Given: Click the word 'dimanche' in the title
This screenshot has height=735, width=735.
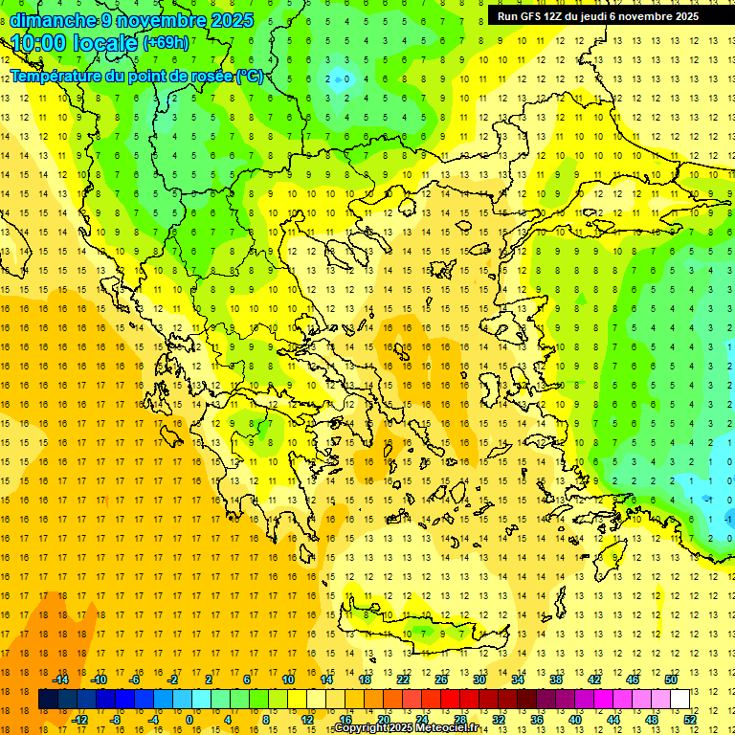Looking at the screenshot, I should click(54, 20).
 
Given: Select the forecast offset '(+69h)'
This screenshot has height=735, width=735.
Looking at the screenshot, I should click(166, 44).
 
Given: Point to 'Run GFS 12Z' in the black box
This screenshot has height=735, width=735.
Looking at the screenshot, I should click(532, 16).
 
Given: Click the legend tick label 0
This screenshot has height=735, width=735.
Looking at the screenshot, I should click(189, 720).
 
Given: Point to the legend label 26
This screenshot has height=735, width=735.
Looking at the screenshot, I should click(441, 679).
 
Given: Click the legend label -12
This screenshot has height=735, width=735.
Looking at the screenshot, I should click(79, 720).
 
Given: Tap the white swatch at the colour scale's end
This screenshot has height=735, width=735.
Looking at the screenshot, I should click(679, 700).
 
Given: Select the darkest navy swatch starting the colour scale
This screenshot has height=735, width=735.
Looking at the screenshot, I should click(48, 700).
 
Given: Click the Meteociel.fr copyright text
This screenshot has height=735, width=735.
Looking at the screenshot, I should click(407, 728).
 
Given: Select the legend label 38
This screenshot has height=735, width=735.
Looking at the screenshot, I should click(556, 679).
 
